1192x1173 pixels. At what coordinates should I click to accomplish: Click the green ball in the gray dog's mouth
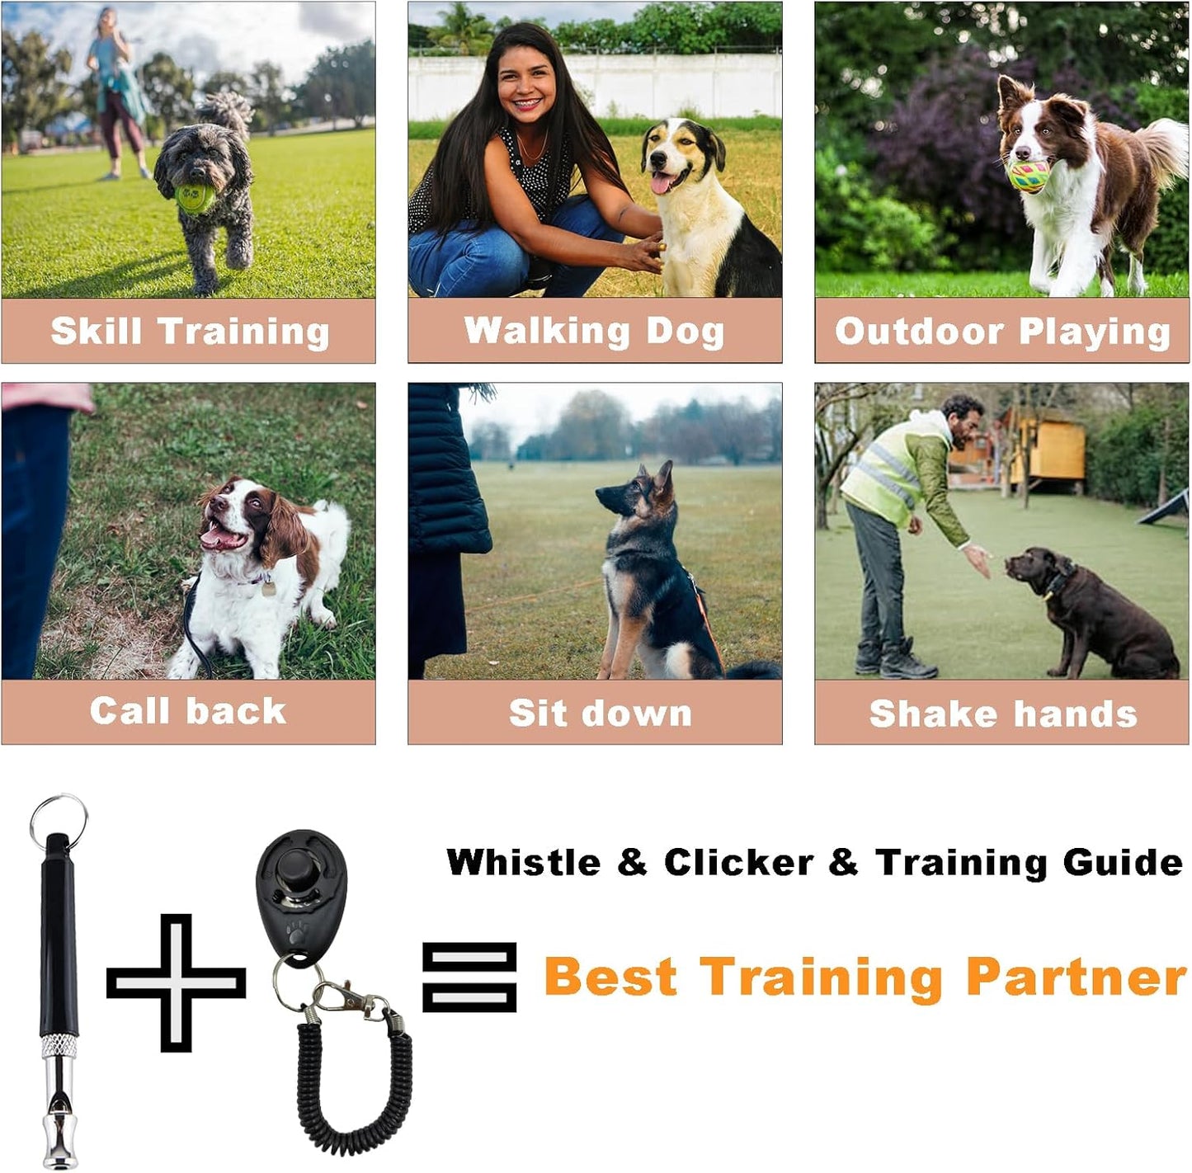196,197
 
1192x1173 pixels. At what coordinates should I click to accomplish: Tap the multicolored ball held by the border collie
1029,177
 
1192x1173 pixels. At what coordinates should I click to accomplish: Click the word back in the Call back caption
236,711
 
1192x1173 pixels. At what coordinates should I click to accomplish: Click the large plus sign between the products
177,982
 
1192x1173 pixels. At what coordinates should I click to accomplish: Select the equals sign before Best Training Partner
469,977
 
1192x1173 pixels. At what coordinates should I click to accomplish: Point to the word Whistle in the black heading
523,862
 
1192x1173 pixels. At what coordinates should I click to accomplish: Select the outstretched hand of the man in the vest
978,558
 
